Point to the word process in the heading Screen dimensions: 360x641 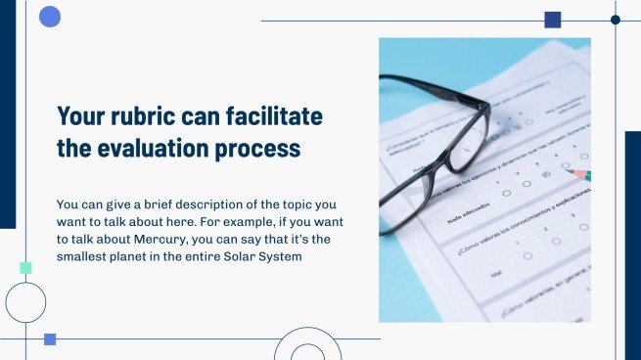[x=262, y=150]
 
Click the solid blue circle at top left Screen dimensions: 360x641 [x=50, y=16]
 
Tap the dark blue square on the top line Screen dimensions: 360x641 [x=552, y=20]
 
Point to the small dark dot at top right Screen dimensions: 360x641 [x=616, y=20]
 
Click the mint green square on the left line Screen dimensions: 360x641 [x=25, y=268]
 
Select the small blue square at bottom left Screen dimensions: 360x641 [x=50, y=338]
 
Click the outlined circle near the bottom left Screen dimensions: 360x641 [x=25, y=302]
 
